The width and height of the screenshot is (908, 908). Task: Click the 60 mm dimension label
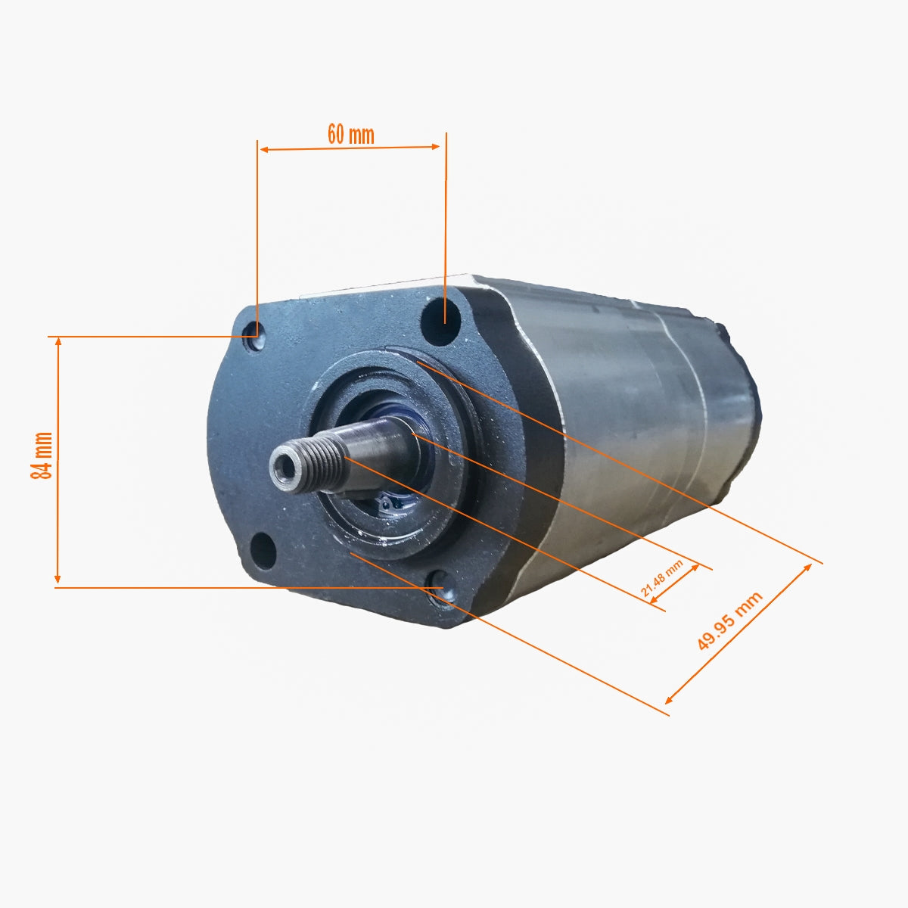click(x=350, y=134)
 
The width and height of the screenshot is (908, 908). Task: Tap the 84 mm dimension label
click(x=42, y=455)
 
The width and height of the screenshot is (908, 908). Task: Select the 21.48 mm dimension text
click(x=661, y=579)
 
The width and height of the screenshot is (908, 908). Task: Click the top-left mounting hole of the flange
click(x=253, y=340)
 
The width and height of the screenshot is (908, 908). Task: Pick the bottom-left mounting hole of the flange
click(x=263, y=551)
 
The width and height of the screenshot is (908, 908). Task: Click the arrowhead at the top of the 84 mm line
click(x=58, y=342)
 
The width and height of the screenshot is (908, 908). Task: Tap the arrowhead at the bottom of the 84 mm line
click(x=58, y=580)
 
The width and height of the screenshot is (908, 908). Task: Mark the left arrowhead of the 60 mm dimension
click(x=264, y=150)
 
